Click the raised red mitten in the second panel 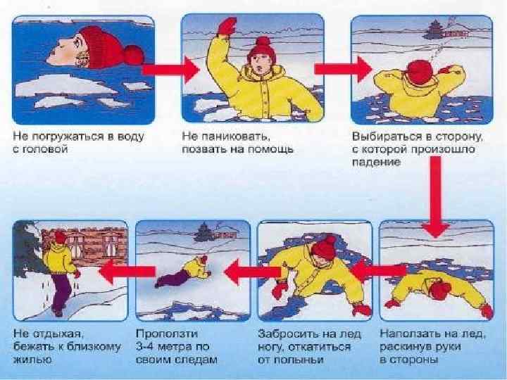[x=227, y=27]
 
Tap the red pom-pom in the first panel [x=134, y=55]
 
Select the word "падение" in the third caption [x=376, y=162]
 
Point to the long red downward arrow [x=436, y=196]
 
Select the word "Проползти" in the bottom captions [x=167, y=334]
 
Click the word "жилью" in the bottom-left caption [x=32, y=360]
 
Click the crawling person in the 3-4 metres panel [x=182, y=271]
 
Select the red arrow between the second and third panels [x=344, y=69]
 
